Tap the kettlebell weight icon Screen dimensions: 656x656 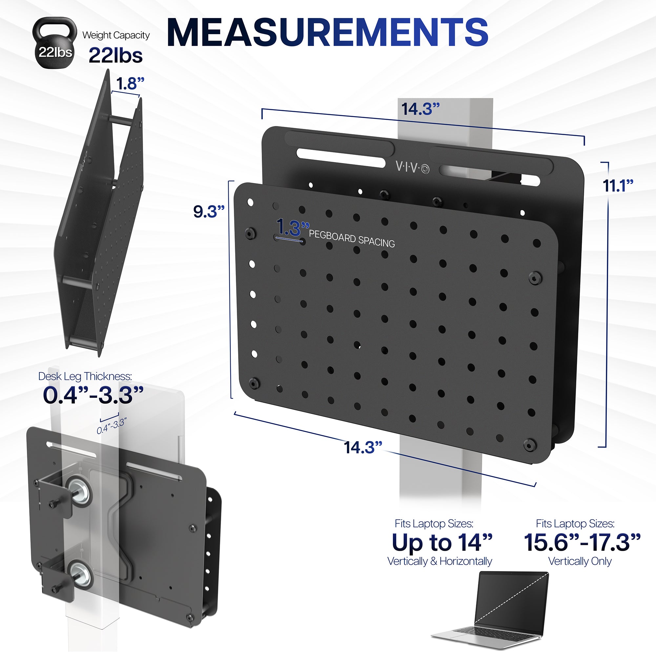click(x=55, y=43)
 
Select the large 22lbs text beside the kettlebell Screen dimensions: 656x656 click(x=115, y=55)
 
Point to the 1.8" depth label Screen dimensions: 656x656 click(x=130, y=83)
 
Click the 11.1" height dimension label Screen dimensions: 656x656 click(x=618, y=186)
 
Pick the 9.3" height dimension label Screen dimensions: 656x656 click(x=209, y=212)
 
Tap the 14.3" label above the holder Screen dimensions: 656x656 click(x=420, y=109)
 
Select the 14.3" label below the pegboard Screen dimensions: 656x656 click(x=363, y=447)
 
